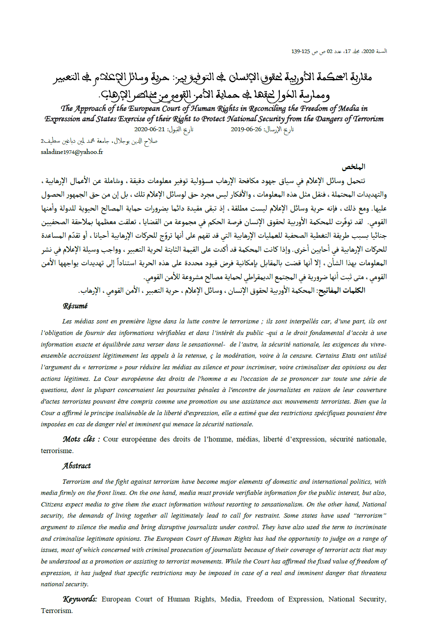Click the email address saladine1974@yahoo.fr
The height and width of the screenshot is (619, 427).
pos(72,152)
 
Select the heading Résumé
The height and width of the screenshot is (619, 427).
pos(75,306)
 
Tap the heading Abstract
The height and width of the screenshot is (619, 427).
pos(77,465)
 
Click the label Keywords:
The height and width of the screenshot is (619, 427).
pos(80,599)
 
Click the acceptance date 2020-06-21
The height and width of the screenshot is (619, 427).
pos(150,129)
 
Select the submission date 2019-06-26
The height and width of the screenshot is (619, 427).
pos(246,129)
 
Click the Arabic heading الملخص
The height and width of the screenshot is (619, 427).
pos(354,167)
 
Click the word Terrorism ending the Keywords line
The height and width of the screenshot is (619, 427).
pos(57,611)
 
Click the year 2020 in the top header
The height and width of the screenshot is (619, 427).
pos(369,51)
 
